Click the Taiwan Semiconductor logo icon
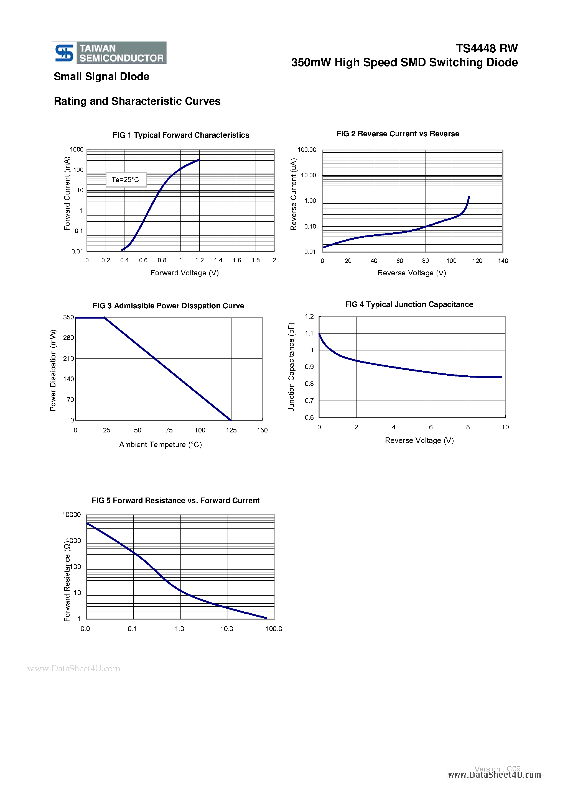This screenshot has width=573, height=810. pyautogui.click(x=64, y=53)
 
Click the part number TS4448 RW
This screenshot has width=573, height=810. pyautogui.click(x=487, y=48)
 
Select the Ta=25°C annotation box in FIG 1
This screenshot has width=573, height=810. pyautogui.click(x=126, y=180)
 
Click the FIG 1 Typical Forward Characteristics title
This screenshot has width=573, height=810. pyautogui.click(x=181, y=135)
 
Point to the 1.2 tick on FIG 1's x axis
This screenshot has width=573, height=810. pyautogui.click(x=200, y=260)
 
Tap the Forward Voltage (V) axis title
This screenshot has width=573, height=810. pyautogui.click(x=185, y=273)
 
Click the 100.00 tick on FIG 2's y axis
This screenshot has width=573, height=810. pyautogui.click(x=307, y=150)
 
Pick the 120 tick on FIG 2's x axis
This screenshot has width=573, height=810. pyautogui.click(x=477, y=261)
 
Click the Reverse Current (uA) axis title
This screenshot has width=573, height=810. pyautogui.click(x=293, y=194)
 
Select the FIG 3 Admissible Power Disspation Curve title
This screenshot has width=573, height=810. pyautogui.click(x=168, y=306)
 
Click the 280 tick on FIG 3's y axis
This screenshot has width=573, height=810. pyautogui.click(x=68, y=338)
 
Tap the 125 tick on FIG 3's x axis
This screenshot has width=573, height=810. pyautogui.click(x=231, y=430)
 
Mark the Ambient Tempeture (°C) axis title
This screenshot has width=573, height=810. pyautogui.click(x=160, y=445)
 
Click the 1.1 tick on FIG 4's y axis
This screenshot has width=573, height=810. pyautogui.click(x=309, y=333)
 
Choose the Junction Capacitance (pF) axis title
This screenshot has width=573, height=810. pyautogui.click(x=291, y=367)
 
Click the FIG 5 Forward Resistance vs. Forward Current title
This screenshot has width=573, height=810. pyautogui.click(x=175, y=501)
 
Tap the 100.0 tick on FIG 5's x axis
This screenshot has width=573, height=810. pyautogui.click(x=274, y=629)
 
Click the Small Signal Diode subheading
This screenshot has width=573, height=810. pyautogui.click(x=101, y=76)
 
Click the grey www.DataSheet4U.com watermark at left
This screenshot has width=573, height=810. pyautogui.click(x=74, y=668)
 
